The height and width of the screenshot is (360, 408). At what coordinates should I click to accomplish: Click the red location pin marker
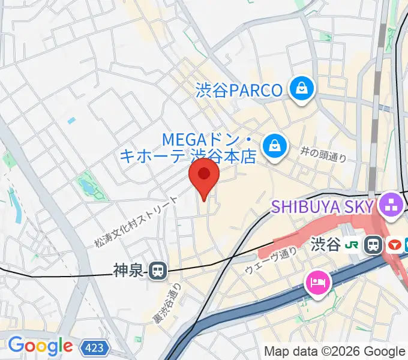coord(204,176)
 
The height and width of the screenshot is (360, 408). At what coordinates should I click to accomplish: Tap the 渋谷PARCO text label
coord(239,91)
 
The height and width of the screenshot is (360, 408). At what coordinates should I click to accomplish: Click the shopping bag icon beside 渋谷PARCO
coord(301,89)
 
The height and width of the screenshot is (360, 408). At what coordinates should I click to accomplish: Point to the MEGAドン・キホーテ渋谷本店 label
coord(188,148)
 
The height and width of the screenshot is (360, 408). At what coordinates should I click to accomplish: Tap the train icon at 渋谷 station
coord(374,244)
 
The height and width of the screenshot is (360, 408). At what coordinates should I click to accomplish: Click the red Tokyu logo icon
coord(395,244)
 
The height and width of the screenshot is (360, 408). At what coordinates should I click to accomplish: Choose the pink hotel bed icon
coord(317,282)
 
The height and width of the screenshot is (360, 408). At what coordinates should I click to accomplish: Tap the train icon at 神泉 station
coord(158,271)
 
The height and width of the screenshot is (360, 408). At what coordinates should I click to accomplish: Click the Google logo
coord(40,346)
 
